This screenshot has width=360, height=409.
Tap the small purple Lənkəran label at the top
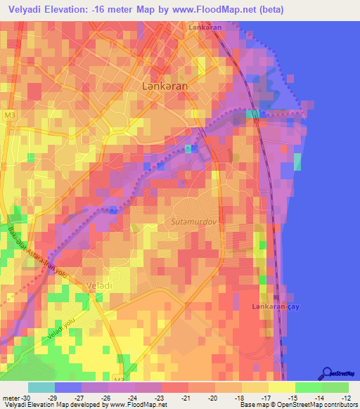(x=205, y=27)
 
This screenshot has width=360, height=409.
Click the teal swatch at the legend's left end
(x=41, y=387)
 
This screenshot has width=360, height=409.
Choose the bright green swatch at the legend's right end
(x=335, y=387)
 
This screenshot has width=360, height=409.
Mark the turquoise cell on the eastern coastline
(x=297, y=162)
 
